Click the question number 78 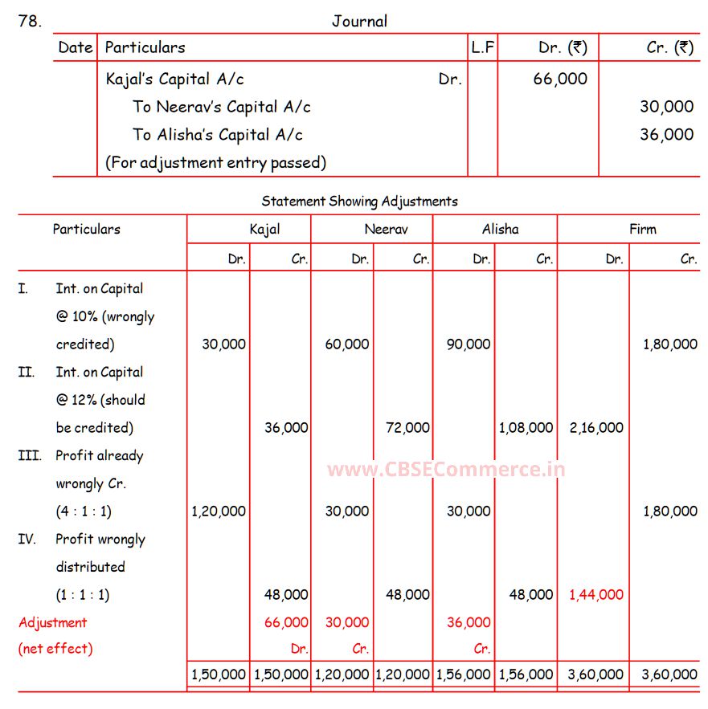[x=29, y=21]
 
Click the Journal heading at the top [x=359, y=21]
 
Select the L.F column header [x=482, y=47]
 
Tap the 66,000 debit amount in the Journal [x=560, y=79]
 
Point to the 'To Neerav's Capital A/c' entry [x=222, y=107]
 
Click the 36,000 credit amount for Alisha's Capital [x=666, y=134]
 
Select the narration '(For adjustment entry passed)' [x=215, y=162]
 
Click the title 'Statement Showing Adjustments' [x=359, y=201]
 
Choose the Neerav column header [x=386, y=229]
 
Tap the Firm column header [x=642, y=229]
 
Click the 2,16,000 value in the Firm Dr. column [x=596, y=428]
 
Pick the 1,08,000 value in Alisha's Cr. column [x=526, y=428]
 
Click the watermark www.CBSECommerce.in [x=446, y=469]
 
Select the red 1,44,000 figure [x=596, y=595]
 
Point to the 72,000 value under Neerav [x=407, y=428]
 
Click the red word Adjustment [x=52, y=622]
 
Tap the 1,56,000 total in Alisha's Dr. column [x=463, y=675]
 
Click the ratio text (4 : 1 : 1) [x=83, y=511]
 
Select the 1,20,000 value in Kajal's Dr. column [x=219, y=511]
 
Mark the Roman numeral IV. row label [x=27, y=539]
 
